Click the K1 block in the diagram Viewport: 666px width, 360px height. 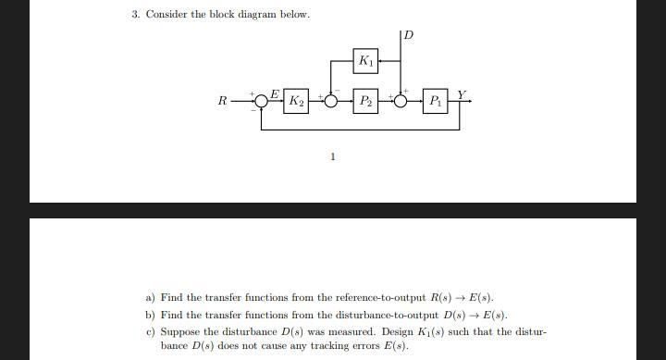366,62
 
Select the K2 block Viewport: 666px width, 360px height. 296,99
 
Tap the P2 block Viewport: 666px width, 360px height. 366,99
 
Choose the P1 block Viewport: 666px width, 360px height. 435,99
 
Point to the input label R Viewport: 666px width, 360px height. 222,100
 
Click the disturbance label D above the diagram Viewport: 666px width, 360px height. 409,35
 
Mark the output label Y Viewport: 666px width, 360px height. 462,93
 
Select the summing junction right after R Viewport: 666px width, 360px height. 261,100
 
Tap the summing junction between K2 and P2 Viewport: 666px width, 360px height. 331,100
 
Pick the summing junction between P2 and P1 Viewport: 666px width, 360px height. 401,100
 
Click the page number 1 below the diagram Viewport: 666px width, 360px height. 332,156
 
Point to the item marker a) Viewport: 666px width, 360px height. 151,298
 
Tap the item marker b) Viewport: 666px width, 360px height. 151,316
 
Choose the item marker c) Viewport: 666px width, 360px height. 151,331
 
